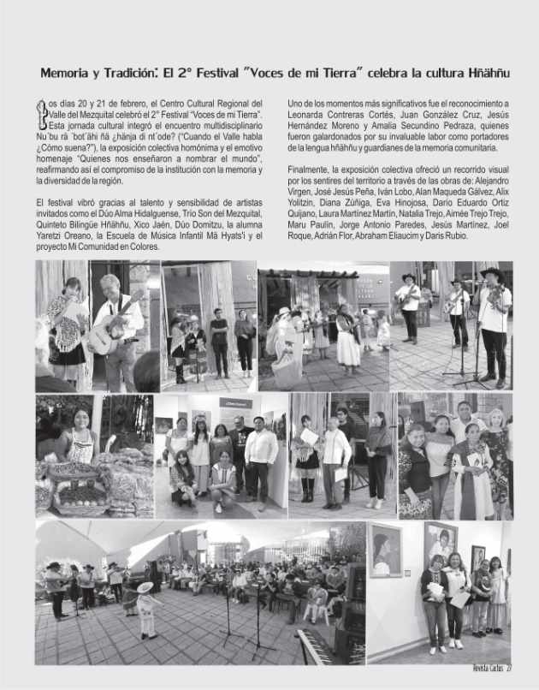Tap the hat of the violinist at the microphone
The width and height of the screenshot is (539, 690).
coord(492,272)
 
